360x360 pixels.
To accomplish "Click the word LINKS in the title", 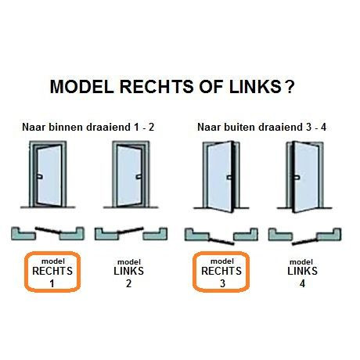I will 250,87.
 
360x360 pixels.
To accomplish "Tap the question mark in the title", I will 290,87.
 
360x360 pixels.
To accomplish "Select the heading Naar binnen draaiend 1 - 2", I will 88,126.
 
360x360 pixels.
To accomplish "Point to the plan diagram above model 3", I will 221,235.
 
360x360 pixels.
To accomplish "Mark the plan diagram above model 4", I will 304,234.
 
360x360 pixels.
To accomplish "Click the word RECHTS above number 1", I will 52,272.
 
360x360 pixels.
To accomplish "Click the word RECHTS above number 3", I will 222,272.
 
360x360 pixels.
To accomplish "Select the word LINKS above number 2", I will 129,272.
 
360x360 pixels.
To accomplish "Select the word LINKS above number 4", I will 302,272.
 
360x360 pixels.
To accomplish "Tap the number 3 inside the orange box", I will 222,284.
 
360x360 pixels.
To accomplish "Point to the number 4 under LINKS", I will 302,284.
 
